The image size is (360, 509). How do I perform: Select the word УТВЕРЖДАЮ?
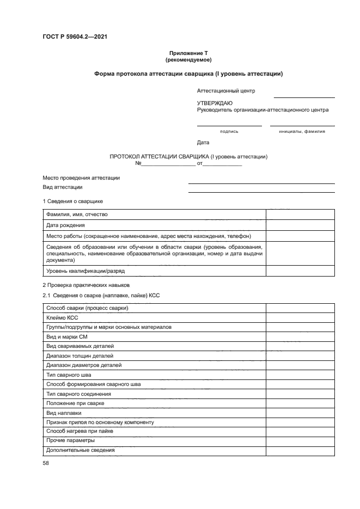(215, 103)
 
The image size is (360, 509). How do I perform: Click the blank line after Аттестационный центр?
(304, 96)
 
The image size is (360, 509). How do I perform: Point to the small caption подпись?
(229, 131)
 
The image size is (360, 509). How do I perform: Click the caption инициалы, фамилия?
(302, 131)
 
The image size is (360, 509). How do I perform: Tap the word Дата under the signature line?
(203, 143)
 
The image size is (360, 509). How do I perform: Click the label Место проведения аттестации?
(81, 178)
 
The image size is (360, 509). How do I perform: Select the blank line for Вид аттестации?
(261, 191)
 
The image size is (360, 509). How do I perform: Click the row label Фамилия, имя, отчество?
(77, 214)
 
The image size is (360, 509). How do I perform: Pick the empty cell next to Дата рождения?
(300, 225)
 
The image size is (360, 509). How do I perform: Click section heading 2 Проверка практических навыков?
(87, 285)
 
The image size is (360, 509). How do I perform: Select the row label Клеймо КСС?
(63, 317)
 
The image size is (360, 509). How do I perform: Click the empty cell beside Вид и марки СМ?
(300, 337)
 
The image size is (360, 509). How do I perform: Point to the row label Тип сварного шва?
(69, 375)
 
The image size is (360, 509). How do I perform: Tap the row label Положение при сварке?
(75, 403)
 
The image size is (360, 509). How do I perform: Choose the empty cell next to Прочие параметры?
(300, 440)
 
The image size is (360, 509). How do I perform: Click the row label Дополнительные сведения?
(81, 450)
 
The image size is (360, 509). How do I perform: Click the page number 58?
(46, 463)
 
